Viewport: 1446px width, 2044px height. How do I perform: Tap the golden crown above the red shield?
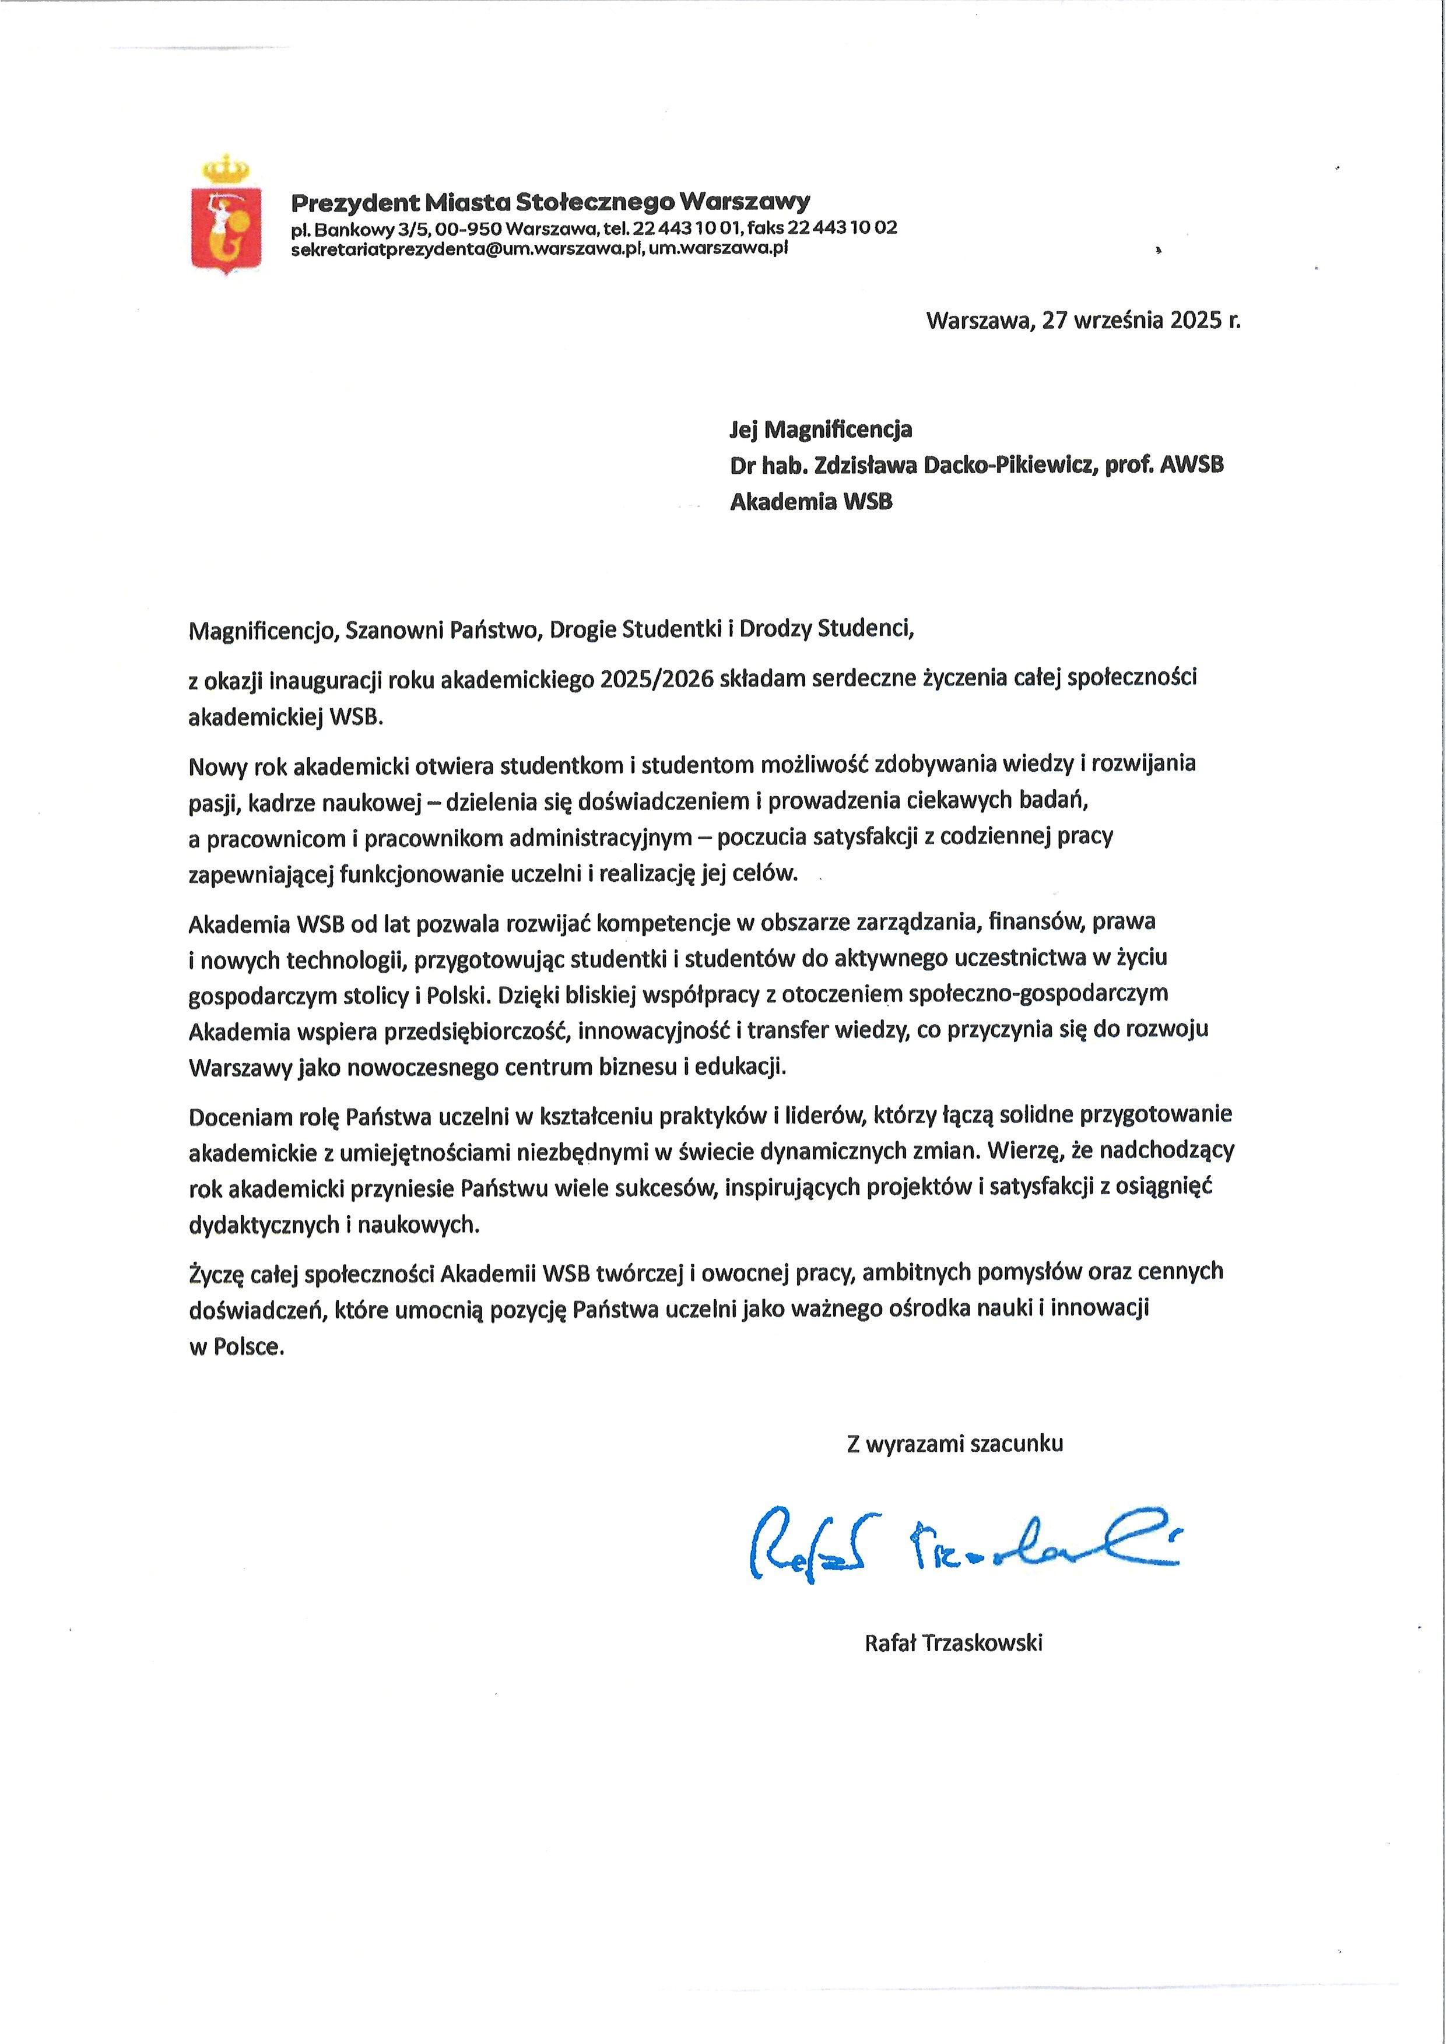pyautogui.click(x=226, y=167)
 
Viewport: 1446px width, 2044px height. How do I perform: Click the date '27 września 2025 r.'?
pyautogui.click(x=1140, y=321)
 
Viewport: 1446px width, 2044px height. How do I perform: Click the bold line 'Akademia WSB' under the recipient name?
pyautogui.click(x=810, y=501)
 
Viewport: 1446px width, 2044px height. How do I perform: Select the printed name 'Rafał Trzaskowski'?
pyautogui.click(x=953, y=1642)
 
